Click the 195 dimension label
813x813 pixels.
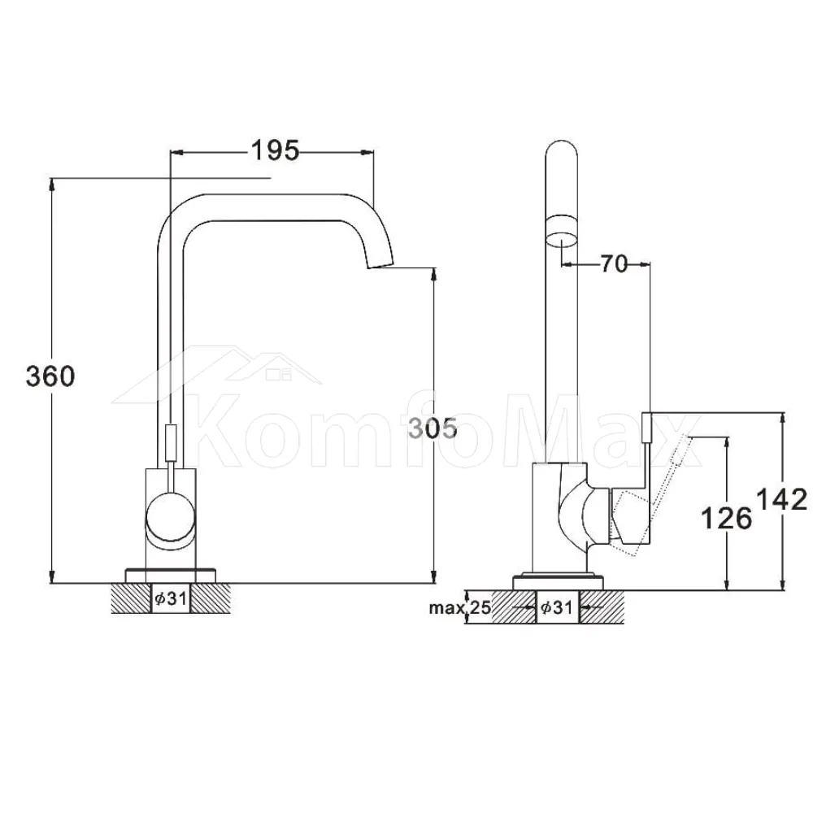pos(275,150)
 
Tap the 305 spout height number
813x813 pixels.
pos(433,428)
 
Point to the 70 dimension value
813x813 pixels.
pos(614,264)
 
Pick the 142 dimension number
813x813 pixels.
pos(782,499)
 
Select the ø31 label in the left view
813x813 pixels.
pos(170,598)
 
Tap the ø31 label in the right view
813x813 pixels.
pos(556,606)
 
